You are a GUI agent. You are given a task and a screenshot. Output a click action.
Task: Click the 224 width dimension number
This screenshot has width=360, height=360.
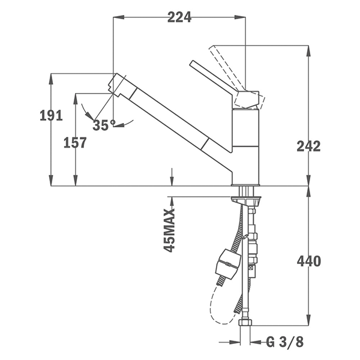tap(179, 17)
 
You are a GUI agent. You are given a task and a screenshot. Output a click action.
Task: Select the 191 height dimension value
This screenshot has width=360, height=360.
tap(51, 116)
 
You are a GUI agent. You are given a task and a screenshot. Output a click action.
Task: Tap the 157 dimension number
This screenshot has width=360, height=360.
tap(74, 143)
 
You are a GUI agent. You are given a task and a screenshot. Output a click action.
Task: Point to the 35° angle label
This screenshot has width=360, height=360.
tap(104, 125)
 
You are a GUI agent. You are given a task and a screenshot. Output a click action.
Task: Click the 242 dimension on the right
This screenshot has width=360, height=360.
tap(308, 146)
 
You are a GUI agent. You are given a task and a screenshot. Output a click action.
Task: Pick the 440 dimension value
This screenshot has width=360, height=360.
tap(308, 262)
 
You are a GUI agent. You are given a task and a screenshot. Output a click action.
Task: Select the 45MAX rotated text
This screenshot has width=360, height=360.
tap(170, 230)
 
